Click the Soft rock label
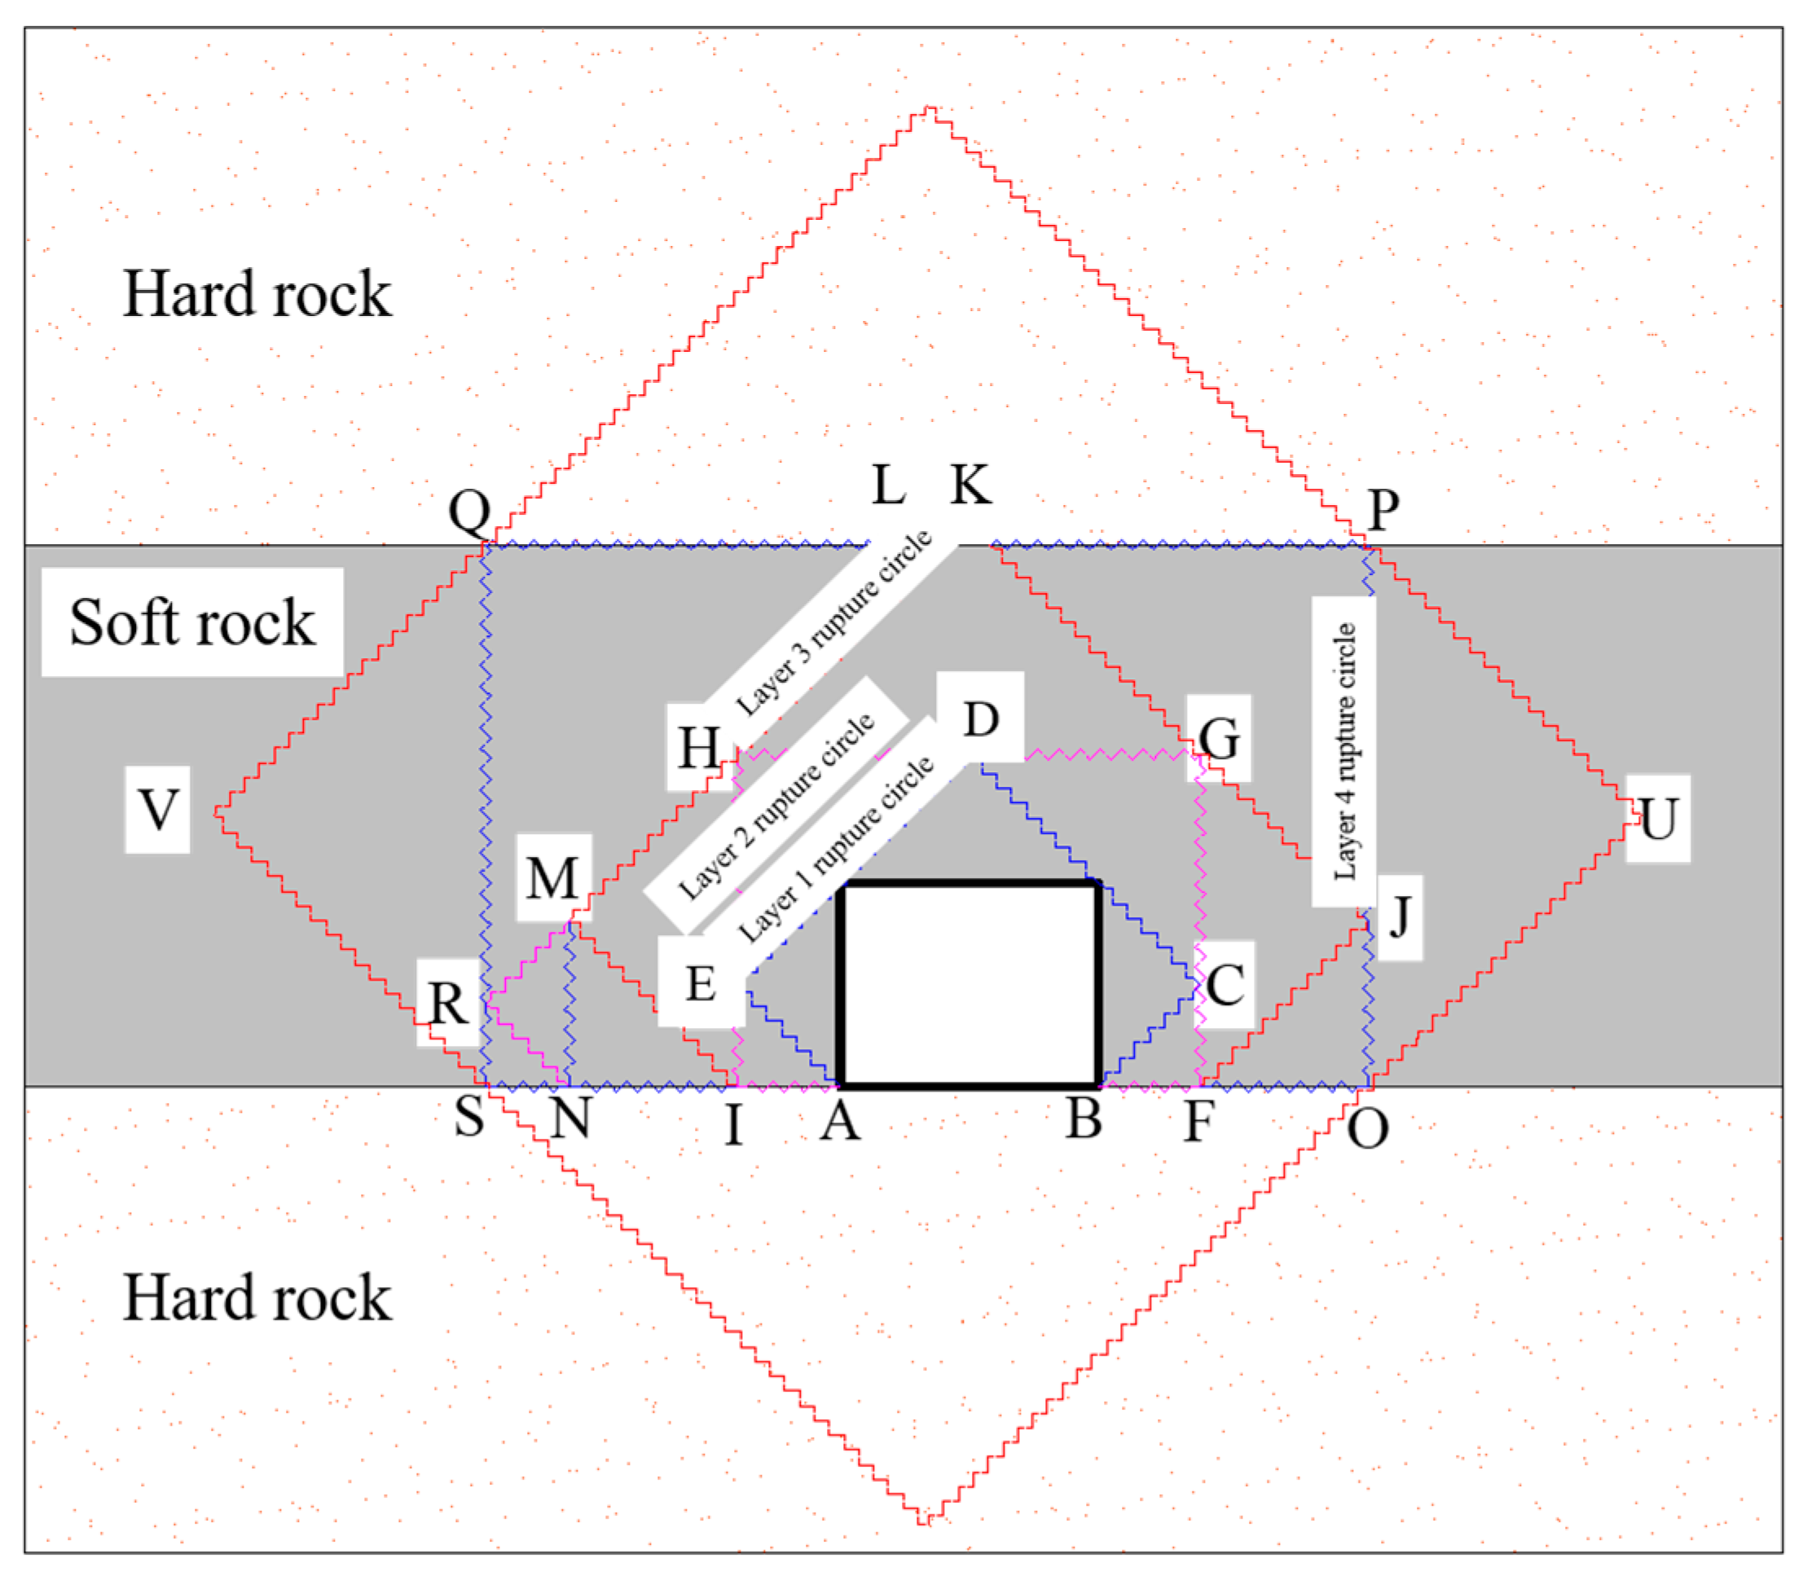coord(192,622)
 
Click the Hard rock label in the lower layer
coord(257,1298)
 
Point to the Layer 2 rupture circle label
coord(776,806)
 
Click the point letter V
coord(157,810)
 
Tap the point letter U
coord(1658,819)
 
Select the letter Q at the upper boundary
coord(469,511)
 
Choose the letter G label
coord(1219,737)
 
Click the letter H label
coord(698,748)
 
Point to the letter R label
coord(448,1003)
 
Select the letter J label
coord(1399,918)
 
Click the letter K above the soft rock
coord(971,485)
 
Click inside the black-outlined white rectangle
coord(971,984)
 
